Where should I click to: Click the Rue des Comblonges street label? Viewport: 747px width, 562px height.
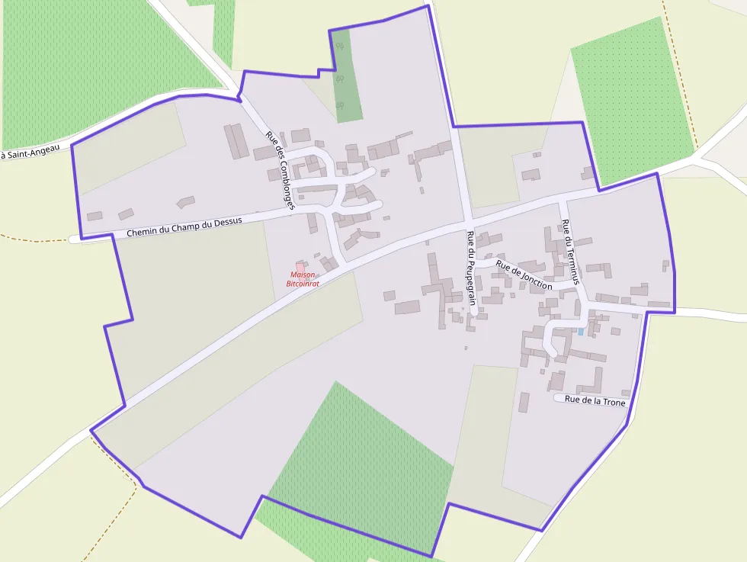(280, 170)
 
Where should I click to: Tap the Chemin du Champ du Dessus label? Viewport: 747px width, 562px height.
(184, 226)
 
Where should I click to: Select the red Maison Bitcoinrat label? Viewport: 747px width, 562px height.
(302, 279)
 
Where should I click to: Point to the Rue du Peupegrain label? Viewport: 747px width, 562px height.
(472, 268)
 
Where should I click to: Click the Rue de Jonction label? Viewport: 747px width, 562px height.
(524, 275)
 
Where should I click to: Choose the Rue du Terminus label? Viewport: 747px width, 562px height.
(571, 246)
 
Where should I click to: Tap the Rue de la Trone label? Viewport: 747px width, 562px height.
(595, 401)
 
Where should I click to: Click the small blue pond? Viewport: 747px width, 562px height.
(581, 332)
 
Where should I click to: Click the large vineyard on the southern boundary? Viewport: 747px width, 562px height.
(358, 465)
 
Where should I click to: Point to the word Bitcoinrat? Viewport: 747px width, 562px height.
(302, 284)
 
